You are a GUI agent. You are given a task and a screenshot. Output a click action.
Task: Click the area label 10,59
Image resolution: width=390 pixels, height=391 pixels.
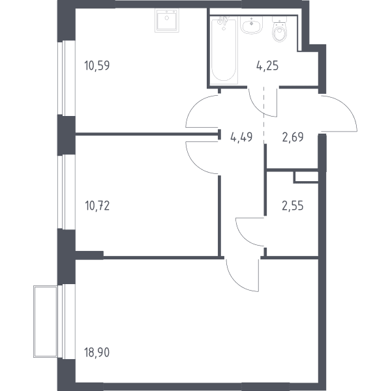[97, 66]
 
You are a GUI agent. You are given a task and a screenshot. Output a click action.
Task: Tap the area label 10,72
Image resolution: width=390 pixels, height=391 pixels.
[97, 206]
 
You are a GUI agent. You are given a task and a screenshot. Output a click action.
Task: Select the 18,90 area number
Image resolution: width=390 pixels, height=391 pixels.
[97, 353]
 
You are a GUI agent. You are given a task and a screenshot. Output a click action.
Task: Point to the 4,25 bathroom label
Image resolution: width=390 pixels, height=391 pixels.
[267, 66]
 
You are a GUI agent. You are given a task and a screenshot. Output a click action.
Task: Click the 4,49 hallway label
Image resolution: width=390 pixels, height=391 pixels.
[241, 137]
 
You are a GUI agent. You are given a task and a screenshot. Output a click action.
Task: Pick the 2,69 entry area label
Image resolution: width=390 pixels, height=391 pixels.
[293, 137]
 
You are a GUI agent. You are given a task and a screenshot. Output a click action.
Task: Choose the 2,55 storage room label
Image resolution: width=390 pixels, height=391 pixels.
[293, 206]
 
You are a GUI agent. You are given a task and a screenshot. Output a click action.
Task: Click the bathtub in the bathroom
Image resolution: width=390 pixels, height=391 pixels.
[224, 50]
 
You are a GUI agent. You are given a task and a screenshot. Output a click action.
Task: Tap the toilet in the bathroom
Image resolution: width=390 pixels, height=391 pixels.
[280, 29]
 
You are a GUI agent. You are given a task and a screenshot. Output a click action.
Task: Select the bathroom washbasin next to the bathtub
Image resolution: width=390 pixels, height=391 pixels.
[251, 25]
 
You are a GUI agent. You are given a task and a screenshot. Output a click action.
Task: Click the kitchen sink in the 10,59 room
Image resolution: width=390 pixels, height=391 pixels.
[167, 20]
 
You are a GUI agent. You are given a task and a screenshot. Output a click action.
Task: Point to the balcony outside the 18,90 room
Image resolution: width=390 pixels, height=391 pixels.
[46, 322]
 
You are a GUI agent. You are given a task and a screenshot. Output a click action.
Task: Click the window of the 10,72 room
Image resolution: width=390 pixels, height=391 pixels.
[67, 192]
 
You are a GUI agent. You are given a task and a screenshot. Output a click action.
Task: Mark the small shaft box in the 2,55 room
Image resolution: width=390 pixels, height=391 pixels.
[306, 177]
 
